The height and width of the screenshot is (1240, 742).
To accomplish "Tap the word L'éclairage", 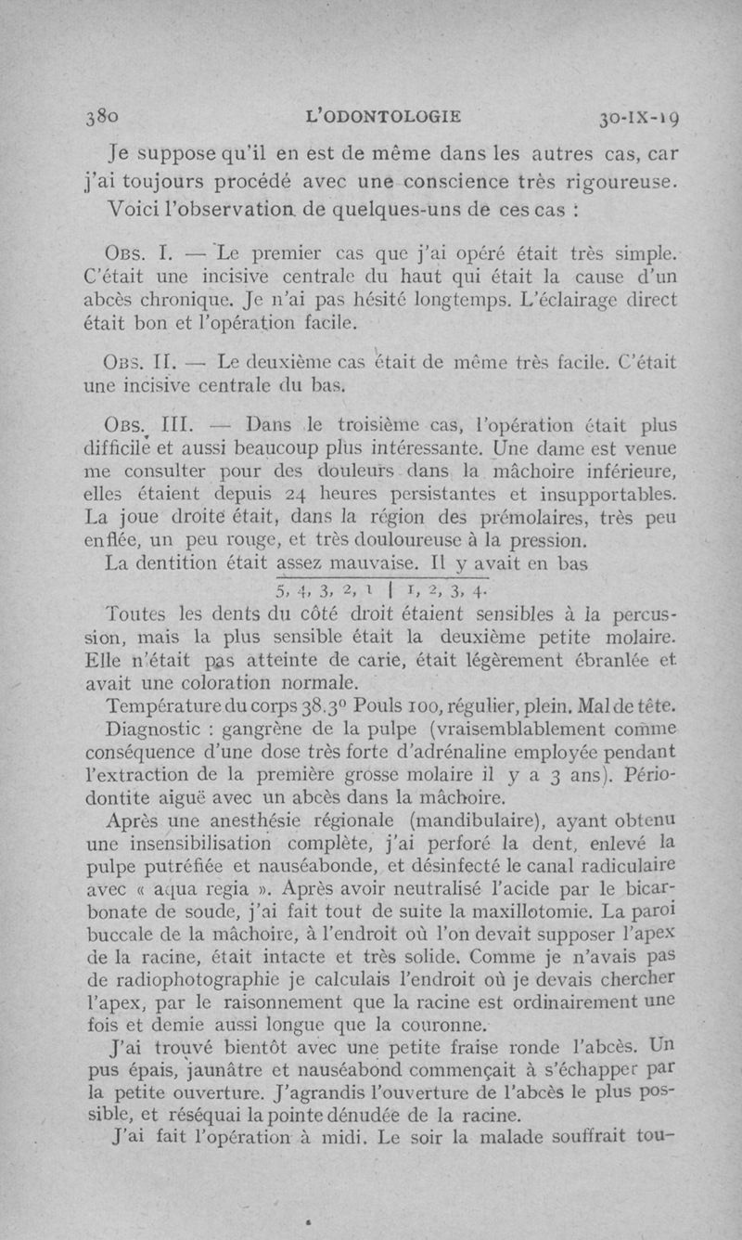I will click(x=560, y=301).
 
